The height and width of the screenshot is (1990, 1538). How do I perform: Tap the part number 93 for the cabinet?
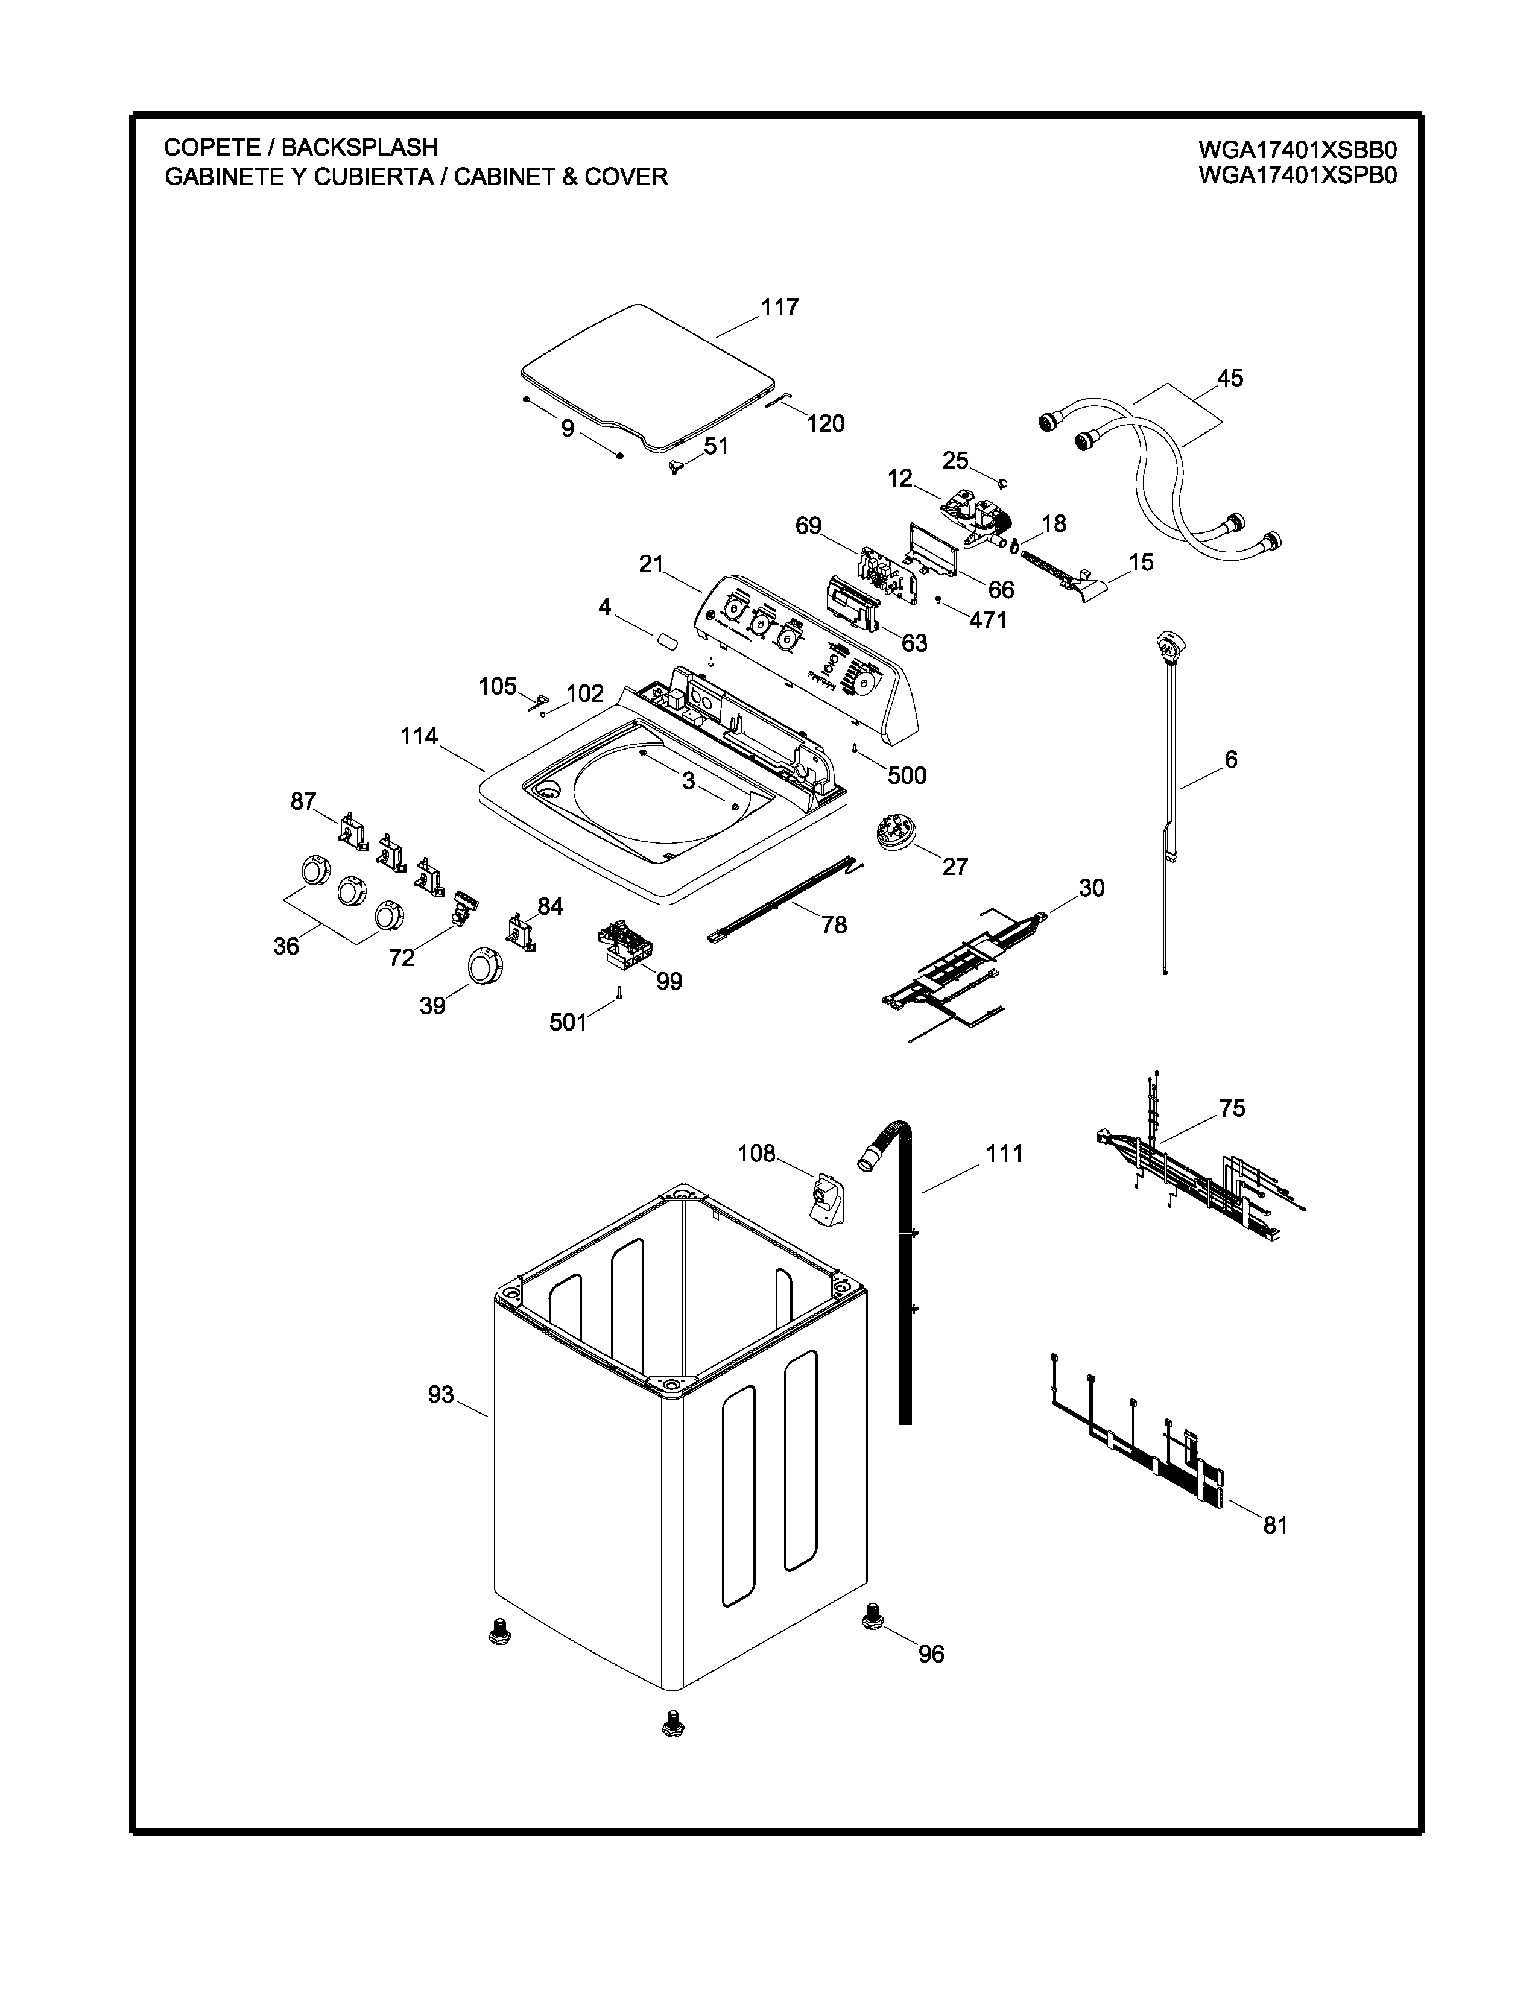coord(441,1395)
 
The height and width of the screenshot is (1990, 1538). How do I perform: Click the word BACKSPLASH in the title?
coord(360,147)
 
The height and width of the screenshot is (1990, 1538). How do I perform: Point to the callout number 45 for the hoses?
coord(1230,378)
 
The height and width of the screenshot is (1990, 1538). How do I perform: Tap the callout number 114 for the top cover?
coord(419,736)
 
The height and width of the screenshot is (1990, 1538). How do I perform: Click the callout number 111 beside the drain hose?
coord(1004,1154)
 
